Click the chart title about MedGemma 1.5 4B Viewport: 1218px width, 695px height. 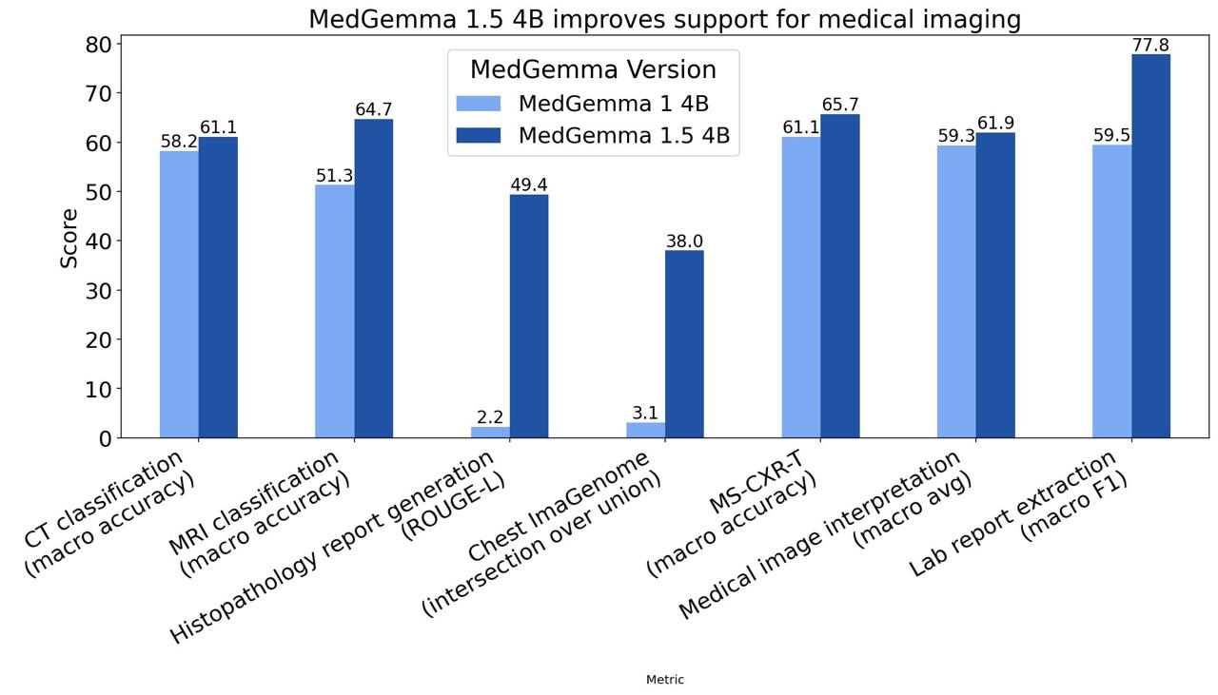664,19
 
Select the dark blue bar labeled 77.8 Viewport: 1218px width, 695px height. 1150,246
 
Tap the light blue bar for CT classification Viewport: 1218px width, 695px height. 179,295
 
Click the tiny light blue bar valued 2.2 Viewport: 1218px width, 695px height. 490,433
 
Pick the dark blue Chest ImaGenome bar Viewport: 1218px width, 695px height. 684,344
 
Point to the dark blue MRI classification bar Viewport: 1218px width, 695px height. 373,279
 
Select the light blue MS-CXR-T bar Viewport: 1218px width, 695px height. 801,287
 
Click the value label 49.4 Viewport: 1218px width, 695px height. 528,184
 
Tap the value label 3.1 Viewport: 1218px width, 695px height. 645,413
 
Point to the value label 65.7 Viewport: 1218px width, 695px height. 840,105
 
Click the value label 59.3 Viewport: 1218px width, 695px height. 956,136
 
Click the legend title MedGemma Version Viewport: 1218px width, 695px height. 593,70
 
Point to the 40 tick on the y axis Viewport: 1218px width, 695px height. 99,241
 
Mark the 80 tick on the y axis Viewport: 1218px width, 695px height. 99,45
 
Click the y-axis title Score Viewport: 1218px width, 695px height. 69,238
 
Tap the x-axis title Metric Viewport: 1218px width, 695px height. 664,680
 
